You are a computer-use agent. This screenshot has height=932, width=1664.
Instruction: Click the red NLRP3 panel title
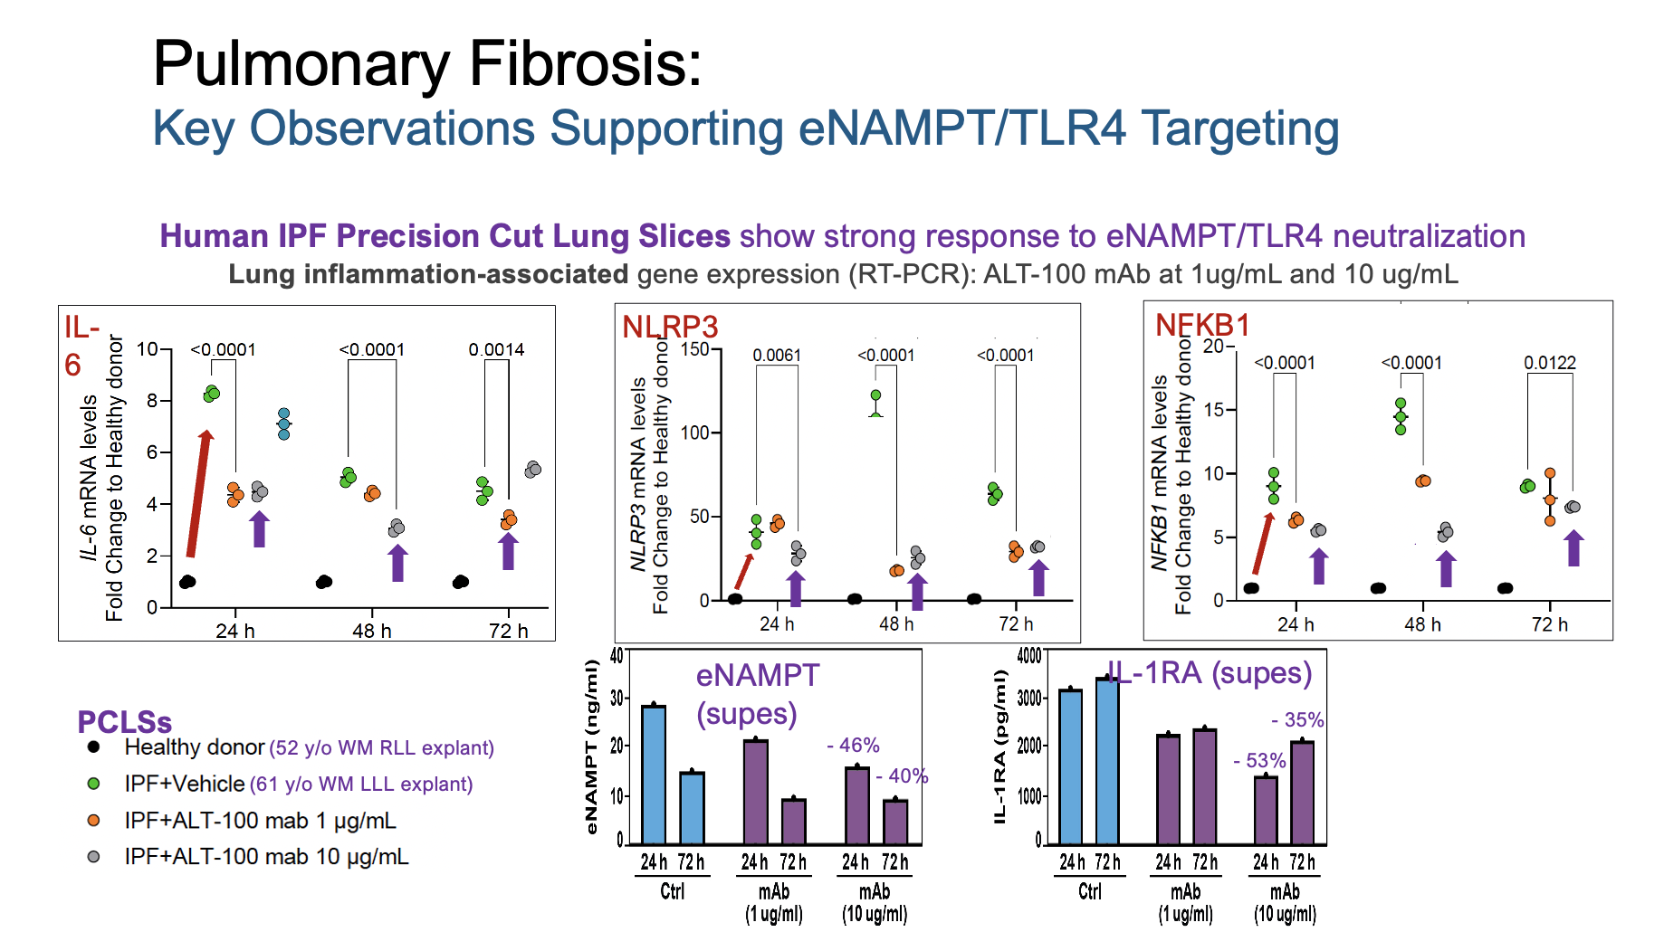point(670,326)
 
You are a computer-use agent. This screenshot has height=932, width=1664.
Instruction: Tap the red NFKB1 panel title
point(1202,324)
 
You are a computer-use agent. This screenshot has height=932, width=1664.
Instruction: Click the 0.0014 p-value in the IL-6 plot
point(496,349)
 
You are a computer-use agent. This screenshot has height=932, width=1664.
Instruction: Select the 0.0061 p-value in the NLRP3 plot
point(777,355)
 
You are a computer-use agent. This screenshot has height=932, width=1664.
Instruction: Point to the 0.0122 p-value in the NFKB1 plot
point(1550,363)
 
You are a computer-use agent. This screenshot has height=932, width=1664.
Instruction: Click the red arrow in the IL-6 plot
point(199,493)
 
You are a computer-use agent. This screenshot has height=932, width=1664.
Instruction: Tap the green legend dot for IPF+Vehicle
point(93,784)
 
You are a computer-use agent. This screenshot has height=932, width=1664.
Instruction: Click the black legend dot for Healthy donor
point(93,747)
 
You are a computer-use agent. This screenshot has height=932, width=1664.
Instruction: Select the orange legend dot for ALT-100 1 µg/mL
point(93,820)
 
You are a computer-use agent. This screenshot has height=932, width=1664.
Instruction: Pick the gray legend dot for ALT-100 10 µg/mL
point(93,856)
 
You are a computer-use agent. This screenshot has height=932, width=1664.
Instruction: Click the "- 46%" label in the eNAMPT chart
point(853,745)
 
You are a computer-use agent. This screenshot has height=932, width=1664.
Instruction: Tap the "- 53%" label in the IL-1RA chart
point(1259,760)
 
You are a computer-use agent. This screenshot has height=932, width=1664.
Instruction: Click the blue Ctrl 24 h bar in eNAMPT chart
point(654,775)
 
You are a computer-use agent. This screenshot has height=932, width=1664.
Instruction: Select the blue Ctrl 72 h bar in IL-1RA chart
point(1107,761)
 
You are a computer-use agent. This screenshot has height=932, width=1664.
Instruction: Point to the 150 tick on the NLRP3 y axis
point(695,348)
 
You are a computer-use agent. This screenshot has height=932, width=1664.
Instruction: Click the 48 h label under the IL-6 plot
point(372,631)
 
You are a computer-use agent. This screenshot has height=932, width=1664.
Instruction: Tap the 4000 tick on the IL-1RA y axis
point(1029,655)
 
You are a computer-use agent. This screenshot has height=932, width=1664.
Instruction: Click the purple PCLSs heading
point(124,722)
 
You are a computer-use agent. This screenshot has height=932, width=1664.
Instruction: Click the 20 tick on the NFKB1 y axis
point(1213,346)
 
